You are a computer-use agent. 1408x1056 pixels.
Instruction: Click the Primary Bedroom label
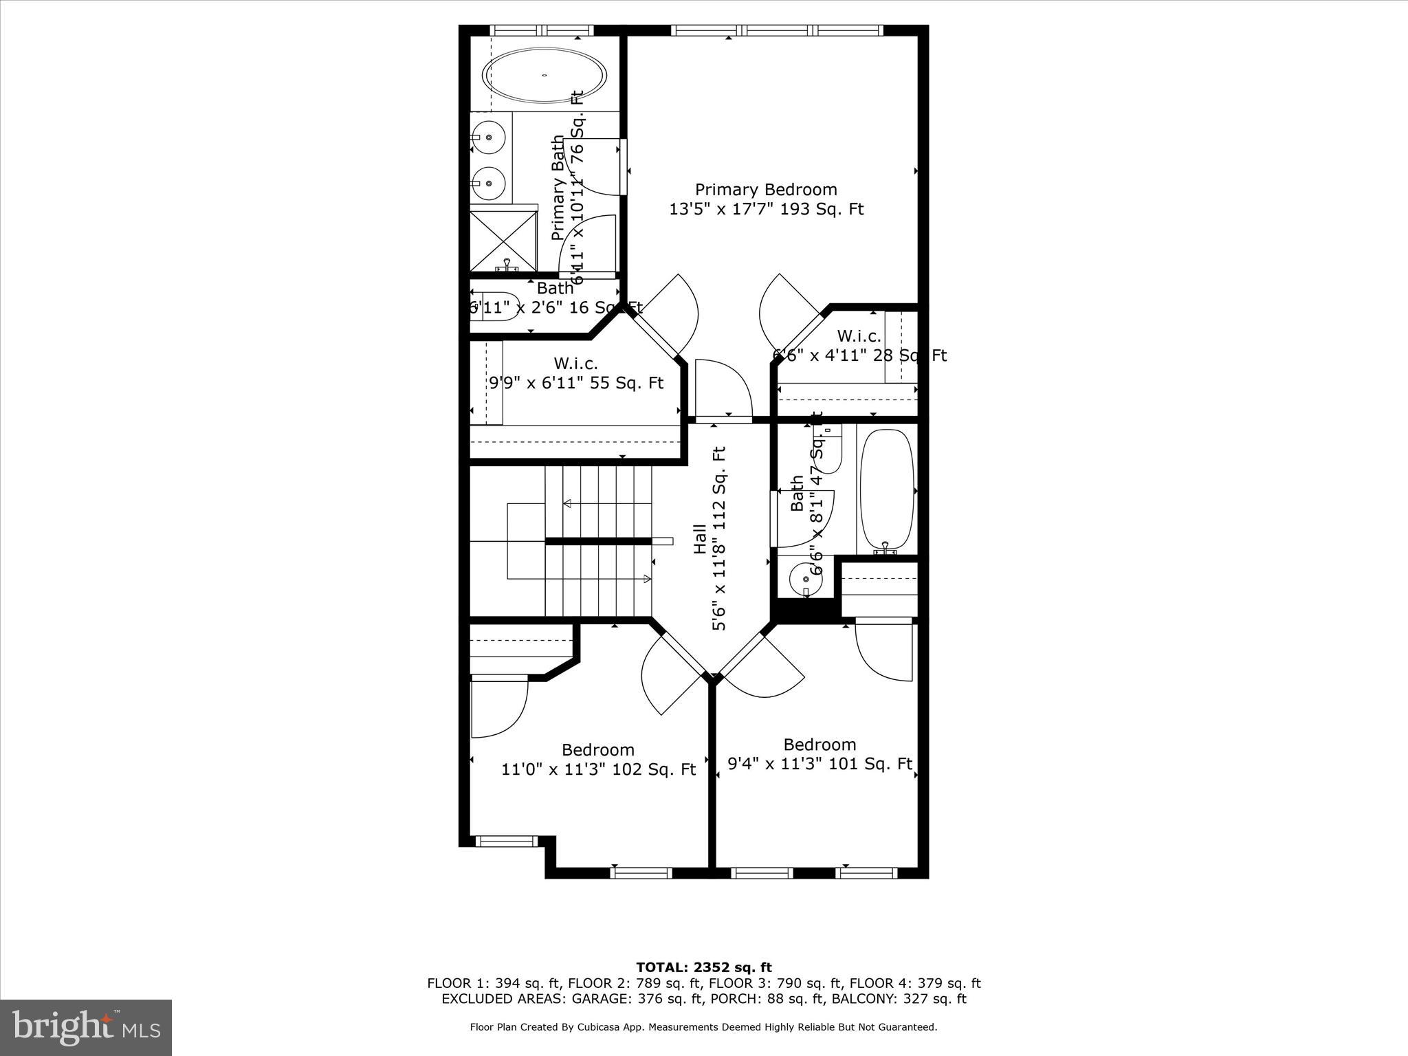point(766,199)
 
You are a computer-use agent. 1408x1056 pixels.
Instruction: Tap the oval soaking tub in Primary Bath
point(544,76)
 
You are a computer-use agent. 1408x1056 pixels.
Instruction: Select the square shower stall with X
point(503,241)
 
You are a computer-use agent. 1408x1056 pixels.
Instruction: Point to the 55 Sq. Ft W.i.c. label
point(576,373)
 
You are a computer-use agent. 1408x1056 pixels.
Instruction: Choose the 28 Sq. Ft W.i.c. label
point(859,346)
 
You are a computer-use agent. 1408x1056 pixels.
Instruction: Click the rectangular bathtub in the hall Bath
point(887,489)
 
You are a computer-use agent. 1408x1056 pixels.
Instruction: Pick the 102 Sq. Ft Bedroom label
point(598,760)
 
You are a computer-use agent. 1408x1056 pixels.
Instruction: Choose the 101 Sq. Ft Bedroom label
point(819,754)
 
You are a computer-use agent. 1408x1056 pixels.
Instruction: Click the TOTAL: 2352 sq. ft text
point(704,968)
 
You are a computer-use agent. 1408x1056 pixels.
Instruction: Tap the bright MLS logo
point(86,1027)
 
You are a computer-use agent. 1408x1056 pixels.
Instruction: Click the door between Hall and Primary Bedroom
point(723,389)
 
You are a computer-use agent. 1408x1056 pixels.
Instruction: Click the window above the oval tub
point(542,30)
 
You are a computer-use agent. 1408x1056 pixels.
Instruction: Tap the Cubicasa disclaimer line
point(703,1027)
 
